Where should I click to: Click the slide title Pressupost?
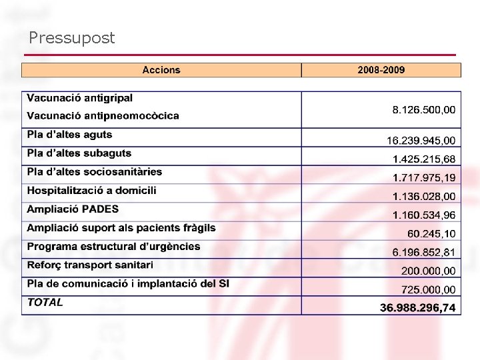(72, 39)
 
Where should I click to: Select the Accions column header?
(161, 70)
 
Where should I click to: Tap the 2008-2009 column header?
(381, 70)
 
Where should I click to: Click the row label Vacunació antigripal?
(79, 98)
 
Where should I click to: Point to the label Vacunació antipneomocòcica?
(103, 116)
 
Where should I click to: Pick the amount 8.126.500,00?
(424, 110)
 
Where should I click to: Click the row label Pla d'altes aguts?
(69, 135)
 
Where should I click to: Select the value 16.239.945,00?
(421, 141)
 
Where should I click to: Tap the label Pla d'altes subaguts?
(79, 153)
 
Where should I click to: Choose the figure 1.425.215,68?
(424, 159)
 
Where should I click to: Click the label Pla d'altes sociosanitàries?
(94, 172)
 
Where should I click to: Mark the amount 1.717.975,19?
(424, 178)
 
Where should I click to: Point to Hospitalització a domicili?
(91, 191)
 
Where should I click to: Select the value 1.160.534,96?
(424, 215)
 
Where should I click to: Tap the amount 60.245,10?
(431, 234)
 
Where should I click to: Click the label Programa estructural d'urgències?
(113, 247)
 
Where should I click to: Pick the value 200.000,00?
(428, 271)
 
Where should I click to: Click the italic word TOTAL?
(45, 303)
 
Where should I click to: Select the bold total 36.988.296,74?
(417, 308)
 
